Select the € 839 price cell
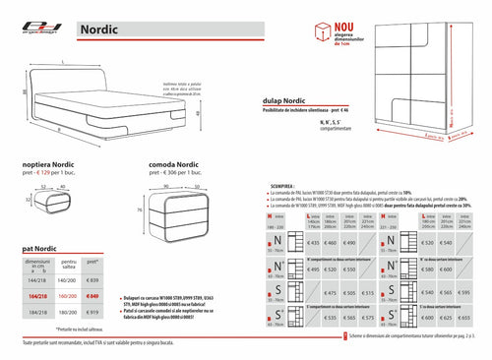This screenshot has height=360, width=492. (94, 281)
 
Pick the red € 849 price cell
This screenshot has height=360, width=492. (94, 296)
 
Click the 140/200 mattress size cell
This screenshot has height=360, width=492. (66, 281)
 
